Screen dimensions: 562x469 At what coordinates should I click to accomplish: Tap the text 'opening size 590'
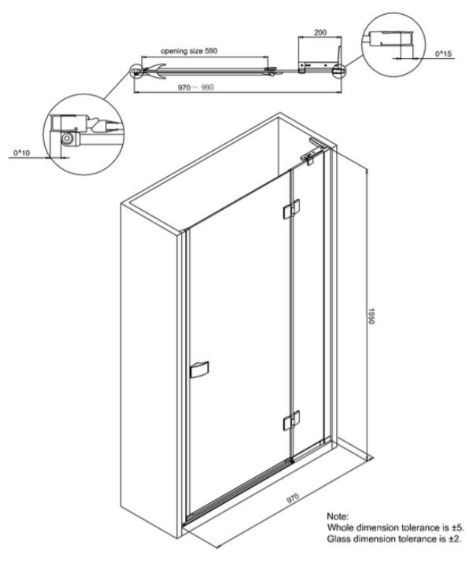click(x=189, y=50)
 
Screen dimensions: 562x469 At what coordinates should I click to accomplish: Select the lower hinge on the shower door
click(x=290, y=422)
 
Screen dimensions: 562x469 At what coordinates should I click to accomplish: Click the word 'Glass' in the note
click(x=339, y=540)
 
